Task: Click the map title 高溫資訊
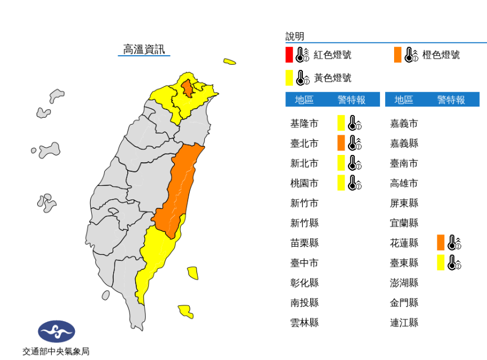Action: click(x=144, y=49)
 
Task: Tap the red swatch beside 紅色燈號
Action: click(x=289, y=55)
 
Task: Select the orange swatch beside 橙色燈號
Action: click(x=397, y=55)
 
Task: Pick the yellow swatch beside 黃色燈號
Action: click(x=289, y=77)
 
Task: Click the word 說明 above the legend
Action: click(x=294, y=37)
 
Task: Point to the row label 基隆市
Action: click(x=304, y=123)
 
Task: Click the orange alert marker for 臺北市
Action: click(x=341, y=143)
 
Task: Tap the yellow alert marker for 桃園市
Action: click(x=341, y=183)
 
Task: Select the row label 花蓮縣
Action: click(x=404, y=243)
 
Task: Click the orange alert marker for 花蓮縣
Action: click(x=440, y=243)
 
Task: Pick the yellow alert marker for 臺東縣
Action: click(x=440, y=263)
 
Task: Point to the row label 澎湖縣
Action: click(x=404, y=282)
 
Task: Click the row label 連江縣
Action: click(x=404, y=322)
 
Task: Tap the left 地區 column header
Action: click(x=304, y=100)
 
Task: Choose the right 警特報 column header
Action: click(x=451, y=100)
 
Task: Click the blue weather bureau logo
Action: click(x=56, y=331)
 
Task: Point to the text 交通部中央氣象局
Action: click(x=56, y=352)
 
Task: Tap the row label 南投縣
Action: click(x=304, y=303)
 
